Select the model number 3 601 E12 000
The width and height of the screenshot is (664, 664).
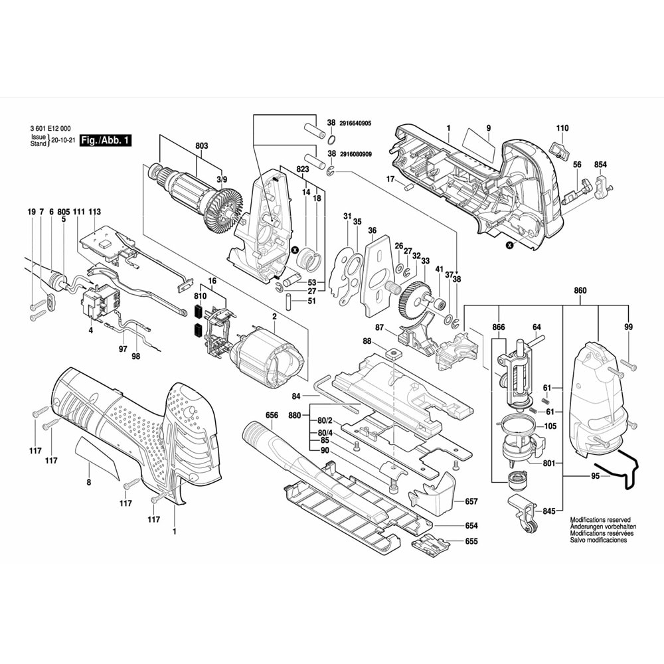51,129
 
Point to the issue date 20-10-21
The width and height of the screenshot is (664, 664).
62,141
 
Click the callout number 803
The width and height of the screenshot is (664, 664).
202,146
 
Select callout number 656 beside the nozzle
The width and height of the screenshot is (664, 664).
272,415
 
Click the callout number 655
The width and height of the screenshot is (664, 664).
471,542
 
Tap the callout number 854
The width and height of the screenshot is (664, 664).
601,165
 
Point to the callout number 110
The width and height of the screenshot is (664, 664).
562,128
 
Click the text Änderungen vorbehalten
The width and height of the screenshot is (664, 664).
600,527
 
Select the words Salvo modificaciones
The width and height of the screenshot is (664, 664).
598,540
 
